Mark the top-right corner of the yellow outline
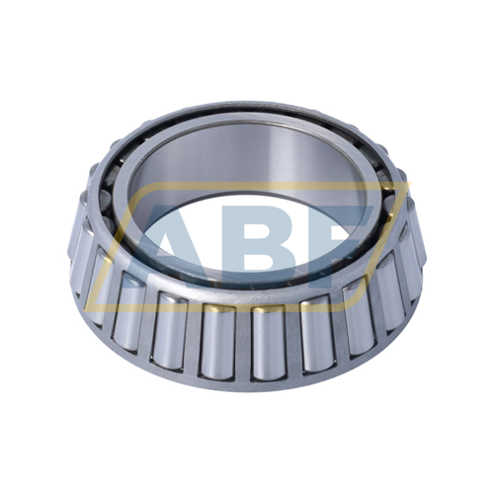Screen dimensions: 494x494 pyautogui.click(x=410, y=182)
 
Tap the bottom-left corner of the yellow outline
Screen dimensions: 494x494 pyautogui.click(x=85, y=311)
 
